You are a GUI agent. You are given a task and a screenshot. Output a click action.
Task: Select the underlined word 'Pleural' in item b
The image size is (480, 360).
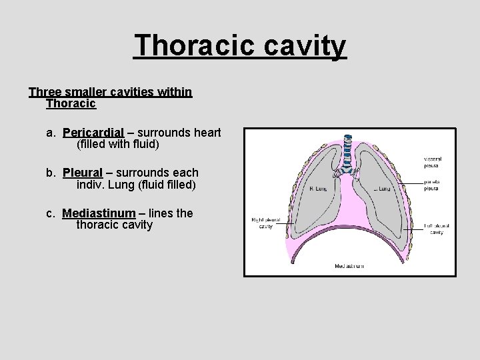83,173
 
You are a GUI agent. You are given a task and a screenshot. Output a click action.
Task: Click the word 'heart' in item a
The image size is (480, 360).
206,133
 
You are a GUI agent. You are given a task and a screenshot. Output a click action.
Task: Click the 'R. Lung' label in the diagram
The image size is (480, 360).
319,189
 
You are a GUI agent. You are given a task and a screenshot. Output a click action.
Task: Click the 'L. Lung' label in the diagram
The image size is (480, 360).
382,189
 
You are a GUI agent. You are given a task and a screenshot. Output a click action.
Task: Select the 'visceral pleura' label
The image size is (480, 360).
433,163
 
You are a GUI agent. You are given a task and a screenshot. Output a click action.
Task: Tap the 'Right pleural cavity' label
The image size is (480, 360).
266,223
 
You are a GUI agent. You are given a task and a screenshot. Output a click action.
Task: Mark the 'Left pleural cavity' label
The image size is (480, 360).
436,229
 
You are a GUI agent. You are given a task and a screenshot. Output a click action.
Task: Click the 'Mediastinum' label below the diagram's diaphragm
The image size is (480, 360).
349,266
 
